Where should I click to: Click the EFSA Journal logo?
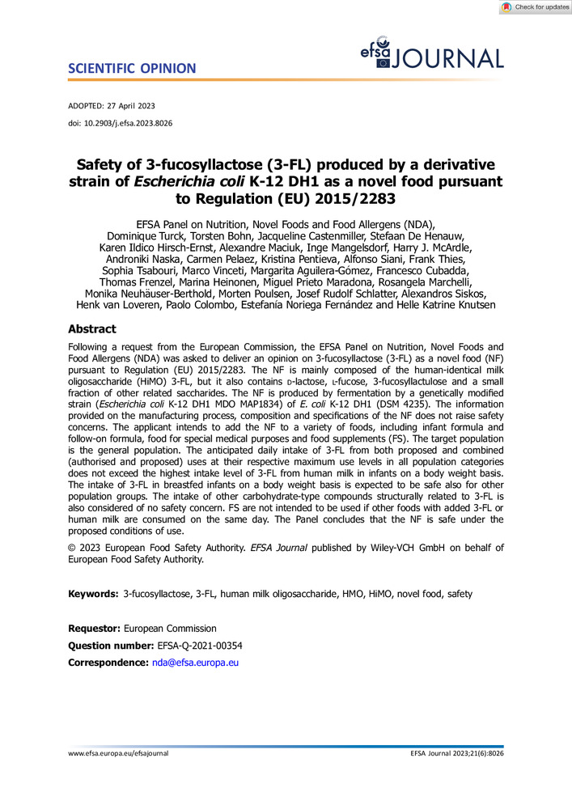432,54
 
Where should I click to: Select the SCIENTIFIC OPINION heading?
132,68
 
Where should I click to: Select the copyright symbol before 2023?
73,548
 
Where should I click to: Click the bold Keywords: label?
93,595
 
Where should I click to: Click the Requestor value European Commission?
170,628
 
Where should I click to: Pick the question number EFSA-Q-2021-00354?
198,645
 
